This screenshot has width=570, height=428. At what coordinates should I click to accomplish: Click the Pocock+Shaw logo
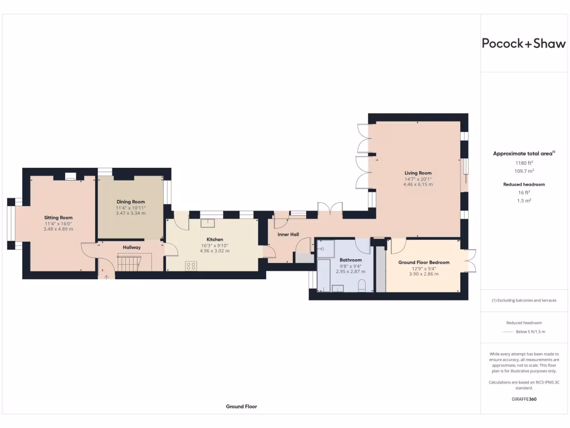click(x=523, y=44)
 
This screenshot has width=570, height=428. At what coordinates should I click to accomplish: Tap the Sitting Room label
click(x=58, y=217)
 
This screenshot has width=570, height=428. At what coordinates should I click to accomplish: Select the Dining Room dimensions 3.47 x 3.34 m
click(x=131, y=213)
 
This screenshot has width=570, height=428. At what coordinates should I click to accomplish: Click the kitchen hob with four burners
click(x=191, y=267)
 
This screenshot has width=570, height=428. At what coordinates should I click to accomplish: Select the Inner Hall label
click(x=288, y=235)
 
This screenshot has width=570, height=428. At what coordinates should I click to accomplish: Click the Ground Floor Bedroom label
click(x=424, y=262)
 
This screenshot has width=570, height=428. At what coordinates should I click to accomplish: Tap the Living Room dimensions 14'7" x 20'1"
click(x=417, y=179)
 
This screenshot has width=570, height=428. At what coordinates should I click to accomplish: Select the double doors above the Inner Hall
click(x=329, y=209)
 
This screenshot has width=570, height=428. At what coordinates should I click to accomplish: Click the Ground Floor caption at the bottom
click(x=242, y=407)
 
